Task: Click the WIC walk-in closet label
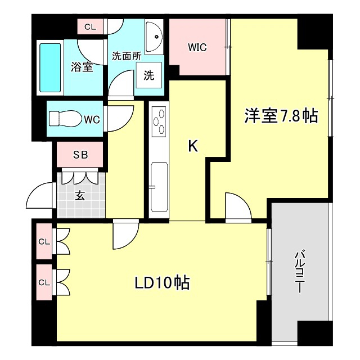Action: (x=197, y=48)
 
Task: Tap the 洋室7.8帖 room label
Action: (x=281, y=116)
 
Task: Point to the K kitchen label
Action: (x=192, y=147)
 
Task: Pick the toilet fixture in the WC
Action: (x=65, y=119)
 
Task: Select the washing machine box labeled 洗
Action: (x=148, y=76)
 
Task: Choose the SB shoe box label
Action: (x=79, y=156)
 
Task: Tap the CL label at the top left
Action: (x=90, y=27)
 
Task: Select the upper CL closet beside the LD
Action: (x=44, y=242)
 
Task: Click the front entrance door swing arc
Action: (x=39, y=197)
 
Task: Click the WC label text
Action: (x=92, y=119)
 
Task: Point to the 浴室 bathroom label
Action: (x=82, y=67)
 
